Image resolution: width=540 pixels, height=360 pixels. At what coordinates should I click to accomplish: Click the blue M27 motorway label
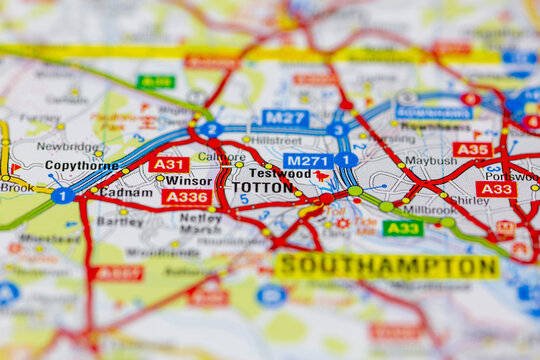[285, 118]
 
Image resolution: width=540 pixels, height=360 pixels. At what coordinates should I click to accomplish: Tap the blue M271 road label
[307, 161]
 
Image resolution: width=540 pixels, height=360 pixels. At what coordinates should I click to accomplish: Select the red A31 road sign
[169, 164]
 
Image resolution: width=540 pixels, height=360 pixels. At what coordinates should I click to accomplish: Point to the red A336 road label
[187, 197]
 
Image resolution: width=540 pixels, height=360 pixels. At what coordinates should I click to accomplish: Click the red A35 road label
[472, 149]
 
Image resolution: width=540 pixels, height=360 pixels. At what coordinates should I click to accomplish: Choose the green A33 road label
[403, 228]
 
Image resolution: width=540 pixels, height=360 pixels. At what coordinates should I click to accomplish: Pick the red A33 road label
[495, 188]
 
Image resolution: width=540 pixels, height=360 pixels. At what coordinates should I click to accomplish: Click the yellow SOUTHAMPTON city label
[387, 266]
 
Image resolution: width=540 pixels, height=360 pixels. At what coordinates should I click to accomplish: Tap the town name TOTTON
[262, 187]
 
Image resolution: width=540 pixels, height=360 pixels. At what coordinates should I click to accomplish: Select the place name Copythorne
[82, 165]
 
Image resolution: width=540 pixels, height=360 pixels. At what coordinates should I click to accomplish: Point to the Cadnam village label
[127, 191]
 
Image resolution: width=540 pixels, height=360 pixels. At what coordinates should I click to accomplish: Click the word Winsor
[188, 181]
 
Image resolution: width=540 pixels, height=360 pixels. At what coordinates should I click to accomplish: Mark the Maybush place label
[431, 160]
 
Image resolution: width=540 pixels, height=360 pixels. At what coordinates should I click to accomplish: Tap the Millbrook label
[431, 210]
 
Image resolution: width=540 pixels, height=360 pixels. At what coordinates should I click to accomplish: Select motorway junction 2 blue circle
[210, 129]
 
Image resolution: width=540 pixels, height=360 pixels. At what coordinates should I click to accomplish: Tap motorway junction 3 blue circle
[339, 129]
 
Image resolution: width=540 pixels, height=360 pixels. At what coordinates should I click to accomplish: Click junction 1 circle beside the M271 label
[346, 159]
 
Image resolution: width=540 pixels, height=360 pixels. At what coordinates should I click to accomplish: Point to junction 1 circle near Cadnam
[62, 196]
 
